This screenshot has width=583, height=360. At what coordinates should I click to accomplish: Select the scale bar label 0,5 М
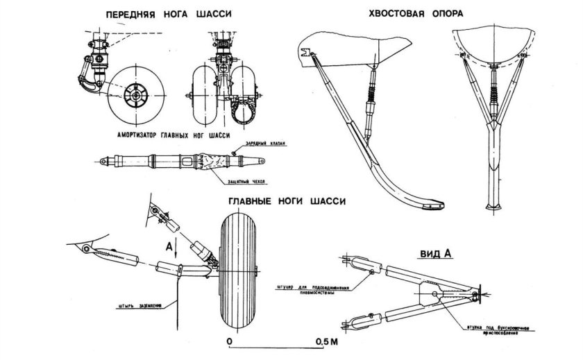tap(326, 343)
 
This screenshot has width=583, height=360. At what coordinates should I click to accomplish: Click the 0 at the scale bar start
tap(229, 343)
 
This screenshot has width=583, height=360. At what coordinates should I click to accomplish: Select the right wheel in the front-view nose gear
tap(246, 89)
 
